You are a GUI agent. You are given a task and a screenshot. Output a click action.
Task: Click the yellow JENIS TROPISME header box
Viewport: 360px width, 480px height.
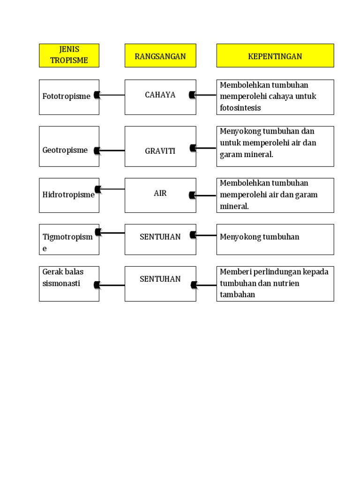click(x=69, y=55)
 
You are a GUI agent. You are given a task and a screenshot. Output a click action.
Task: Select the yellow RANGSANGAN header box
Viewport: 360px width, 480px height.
click(x=160, y=56)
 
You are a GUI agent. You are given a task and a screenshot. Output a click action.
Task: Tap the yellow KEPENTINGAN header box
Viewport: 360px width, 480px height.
click(x=275, y=56)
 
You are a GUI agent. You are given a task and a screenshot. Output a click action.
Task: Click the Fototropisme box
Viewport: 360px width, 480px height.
click(x=69, y=97)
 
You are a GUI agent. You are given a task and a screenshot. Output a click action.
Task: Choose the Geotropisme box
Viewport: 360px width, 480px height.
click(x=69, y=146)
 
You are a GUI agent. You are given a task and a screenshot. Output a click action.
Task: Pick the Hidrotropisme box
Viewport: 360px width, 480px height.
click(x=69, y=195)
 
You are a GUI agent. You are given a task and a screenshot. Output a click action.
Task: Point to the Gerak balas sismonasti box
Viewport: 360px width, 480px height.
click(x=69, y=284)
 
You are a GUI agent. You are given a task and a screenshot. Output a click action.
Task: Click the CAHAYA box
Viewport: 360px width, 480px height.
click(x=160, y=97)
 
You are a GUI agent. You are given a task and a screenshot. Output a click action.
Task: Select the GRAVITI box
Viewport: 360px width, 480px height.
click(x=160, y=146)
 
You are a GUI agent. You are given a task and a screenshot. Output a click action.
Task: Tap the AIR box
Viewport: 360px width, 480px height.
click(x=160, y=195)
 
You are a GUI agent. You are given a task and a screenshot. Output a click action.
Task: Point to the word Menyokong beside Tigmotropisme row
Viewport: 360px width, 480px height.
click(x=238, y=237)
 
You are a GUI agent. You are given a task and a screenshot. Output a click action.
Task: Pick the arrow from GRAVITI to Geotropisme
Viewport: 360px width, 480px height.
click(x=112, y=150)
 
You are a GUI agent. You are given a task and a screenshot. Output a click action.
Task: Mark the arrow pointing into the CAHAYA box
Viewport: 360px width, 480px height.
click(x=205, y=95)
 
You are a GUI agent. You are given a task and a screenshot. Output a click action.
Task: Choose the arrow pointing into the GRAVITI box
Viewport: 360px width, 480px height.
click(x=205, y=148)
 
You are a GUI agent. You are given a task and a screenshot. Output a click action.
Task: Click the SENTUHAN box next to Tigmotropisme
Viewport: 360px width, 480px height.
click(x=160, y=239)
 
